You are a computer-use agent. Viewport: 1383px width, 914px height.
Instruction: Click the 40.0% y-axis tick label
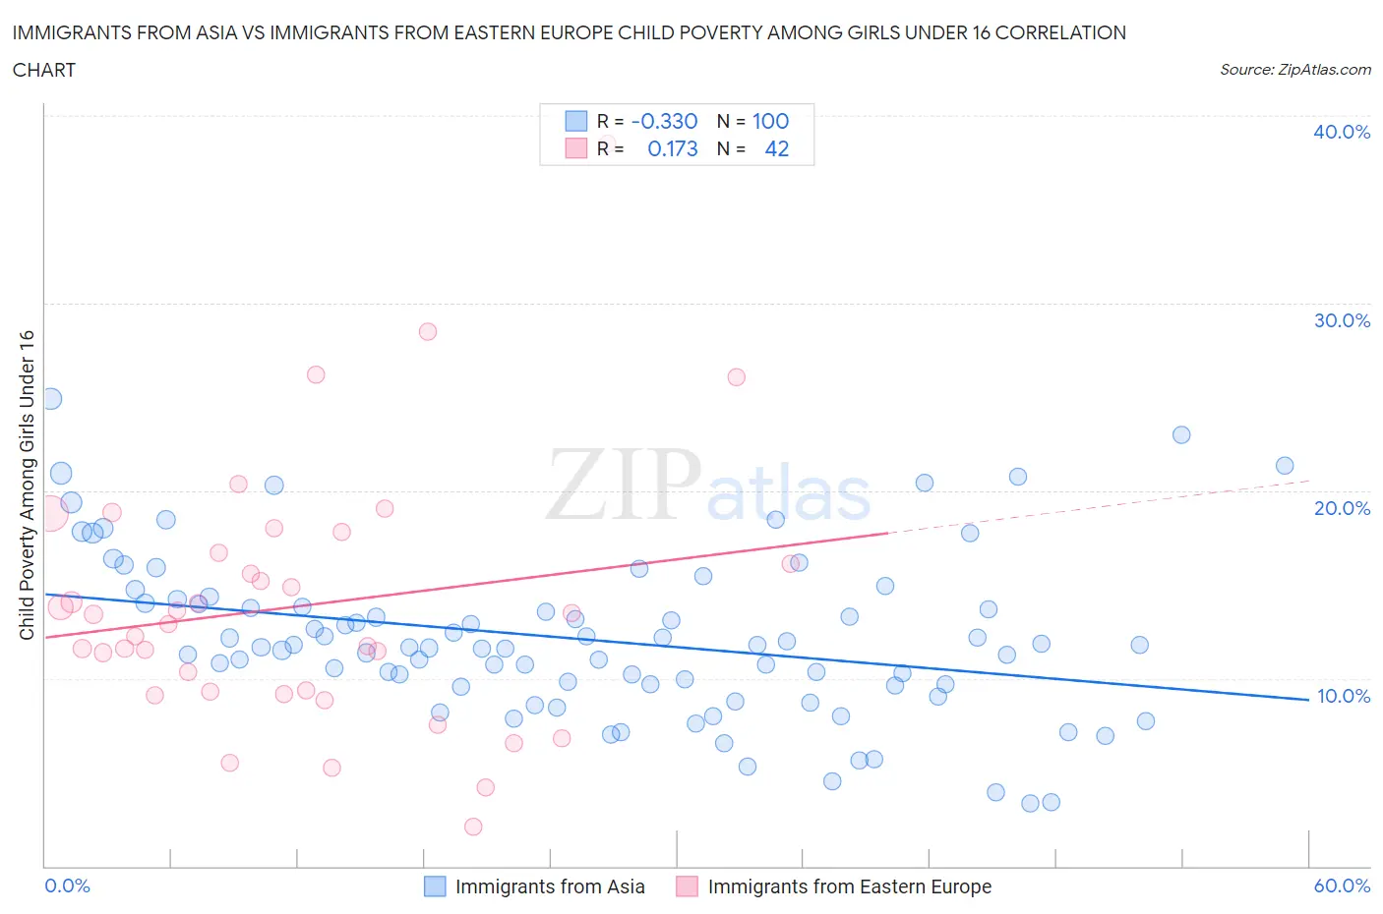click(1341, 132)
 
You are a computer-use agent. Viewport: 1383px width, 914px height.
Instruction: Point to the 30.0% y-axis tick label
click(1341, 320)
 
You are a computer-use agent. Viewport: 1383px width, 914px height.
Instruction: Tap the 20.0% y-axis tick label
click(1341, 508)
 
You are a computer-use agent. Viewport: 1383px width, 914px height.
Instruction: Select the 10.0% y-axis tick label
click(1343, 696)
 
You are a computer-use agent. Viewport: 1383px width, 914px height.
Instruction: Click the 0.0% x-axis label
click(67, 885)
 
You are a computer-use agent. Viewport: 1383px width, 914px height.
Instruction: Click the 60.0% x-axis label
click(1342, 885)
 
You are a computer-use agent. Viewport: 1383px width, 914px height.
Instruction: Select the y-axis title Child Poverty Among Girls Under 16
click(27, 485)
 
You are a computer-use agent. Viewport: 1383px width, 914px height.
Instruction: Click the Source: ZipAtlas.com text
click(1294, 70)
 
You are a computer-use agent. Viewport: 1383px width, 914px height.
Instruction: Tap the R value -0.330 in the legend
click(664, 121)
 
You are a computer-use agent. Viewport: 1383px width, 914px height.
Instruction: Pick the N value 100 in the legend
click(770, 121)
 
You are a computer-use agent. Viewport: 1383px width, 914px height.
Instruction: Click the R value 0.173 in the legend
click(672, 148)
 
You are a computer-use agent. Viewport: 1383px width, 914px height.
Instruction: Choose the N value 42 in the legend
click(776, 148)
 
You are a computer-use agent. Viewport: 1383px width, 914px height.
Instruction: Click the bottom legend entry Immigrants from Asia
click(549, 886)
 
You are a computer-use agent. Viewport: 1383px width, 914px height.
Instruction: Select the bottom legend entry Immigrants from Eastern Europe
click(849, 886)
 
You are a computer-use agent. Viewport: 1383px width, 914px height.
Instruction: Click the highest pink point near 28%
click(427, 331)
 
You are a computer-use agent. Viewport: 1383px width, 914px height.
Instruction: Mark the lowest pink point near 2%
click(473, 827)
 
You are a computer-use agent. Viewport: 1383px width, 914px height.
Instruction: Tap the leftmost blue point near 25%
click(51, 399)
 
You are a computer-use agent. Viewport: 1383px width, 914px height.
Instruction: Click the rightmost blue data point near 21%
click(1285, 466)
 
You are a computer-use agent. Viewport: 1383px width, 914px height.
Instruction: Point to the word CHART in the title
click(44, 70)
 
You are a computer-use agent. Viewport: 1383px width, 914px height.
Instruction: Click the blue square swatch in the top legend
click(575, 121)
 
